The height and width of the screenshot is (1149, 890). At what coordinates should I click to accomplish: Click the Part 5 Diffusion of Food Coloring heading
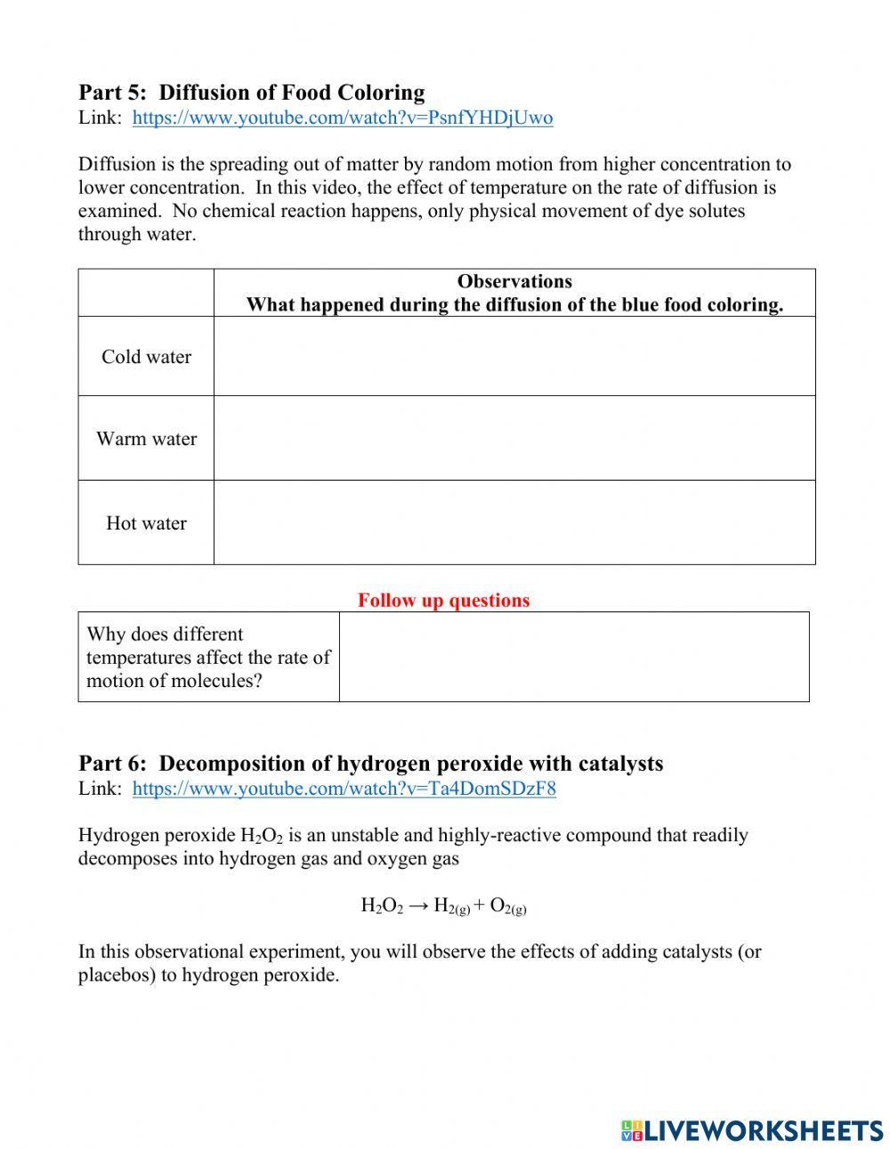coord(251,93)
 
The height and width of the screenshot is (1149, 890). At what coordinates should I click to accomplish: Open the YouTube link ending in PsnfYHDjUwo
coord(342,117)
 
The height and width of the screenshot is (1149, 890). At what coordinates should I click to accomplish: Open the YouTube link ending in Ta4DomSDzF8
coord(344,789)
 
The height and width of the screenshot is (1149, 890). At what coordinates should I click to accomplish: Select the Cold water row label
coord(146,357)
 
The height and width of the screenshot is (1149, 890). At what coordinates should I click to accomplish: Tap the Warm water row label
coord(146,439)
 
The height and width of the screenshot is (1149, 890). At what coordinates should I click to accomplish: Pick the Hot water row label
coord(146,523)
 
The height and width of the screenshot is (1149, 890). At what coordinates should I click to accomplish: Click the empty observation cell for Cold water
coord(514,357)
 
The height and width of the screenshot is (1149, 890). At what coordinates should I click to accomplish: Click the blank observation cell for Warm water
coord(514,439)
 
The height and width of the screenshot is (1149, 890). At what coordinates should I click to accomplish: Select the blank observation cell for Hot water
coord(514,523)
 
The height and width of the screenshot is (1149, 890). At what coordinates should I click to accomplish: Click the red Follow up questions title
coord(443,601)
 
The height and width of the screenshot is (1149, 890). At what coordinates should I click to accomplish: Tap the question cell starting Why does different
coord(207,658)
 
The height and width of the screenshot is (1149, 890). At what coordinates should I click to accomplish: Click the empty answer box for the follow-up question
coord(574,658)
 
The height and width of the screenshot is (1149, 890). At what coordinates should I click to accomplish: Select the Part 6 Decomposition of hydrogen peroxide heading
coord(370,764)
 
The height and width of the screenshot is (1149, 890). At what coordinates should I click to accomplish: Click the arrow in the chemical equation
coord(417,906)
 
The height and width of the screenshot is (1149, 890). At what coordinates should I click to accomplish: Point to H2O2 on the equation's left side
coord(382,906)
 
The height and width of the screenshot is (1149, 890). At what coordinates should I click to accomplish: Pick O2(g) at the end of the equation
coord(508,906)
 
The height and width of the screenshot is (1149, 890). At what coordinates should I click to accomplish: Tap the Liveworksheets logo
coord(752,1130)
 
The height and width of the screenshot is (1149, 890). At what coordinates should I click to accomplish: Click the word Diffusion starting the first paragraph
coord(115,165)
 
